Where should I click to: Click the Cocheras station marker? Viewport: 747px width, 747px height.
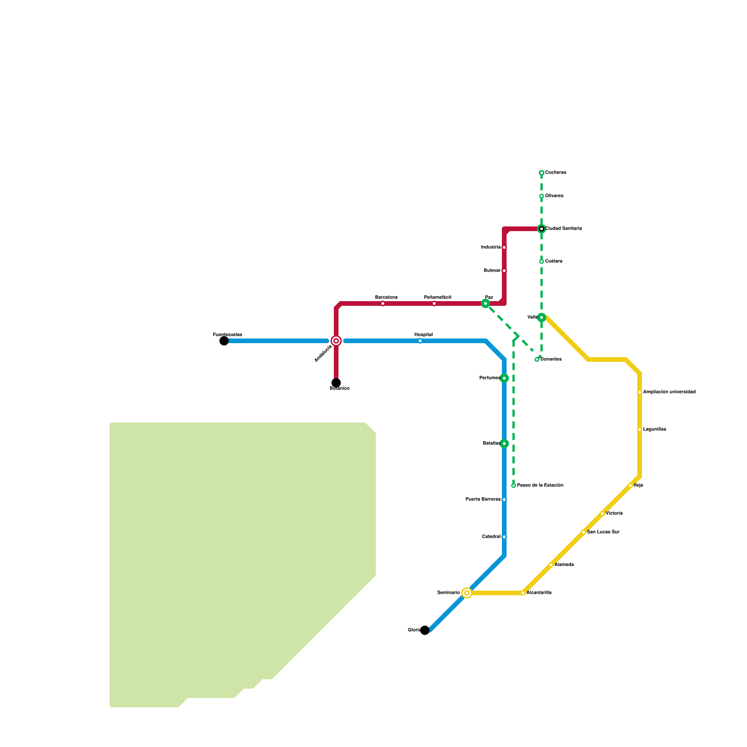click(x=542, y=173)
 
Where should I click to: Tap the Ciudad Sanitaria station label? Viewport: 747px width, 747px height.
click(x=564, y=229)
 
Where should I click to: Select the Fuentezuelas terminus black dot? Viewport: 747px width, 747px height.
click(x=224, y=341)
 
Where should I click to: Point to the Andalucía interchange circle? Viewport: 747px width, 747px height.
click(x=336, y=341)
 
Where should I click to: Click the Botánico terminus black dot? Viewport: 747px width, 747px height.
click(x=336, y=383)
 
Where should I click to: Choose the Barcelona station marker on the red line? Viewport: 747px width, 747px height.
click(x=383, y=303)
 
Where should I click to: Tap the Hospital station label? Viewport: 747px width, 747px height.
click(x=423, y=335)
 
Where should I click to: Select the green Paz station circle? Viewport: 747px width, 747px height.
click(x=486, y=303)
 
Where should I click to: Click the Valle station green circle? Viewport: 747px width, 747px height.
click(x=542, y=317)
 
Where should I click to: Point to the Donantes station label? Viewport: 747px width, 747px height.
click(x=551, y=359)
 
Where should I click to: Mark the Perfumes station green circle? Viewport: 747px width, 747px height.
click(x=504, y=378)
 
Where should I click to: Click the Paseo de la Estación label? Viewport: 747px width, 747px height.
click(x=540, y=486)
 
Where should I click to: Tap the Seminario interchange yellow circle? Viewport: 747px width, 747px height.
click(x=467, y=593)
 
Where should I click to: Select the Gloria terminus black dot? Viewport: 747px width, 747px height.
click(x=425, y=630)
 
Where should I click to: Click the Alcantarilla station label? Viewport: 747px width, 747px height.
click(x=539, y=593)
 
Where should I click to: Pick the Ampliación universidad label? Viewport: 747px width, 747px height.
click(x=669, y=392)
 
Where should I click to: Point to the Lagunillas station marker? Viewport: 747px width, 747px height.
click(x=640, y=430)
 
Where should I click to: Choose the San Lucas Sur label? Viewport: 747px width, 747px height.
click(x=603, y=532)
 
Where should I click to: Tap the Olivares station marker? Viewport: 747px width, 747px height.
click(x=542, y=196)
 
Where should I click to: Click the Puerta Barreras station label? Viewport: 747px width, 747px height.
click(x=483, y=500)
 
